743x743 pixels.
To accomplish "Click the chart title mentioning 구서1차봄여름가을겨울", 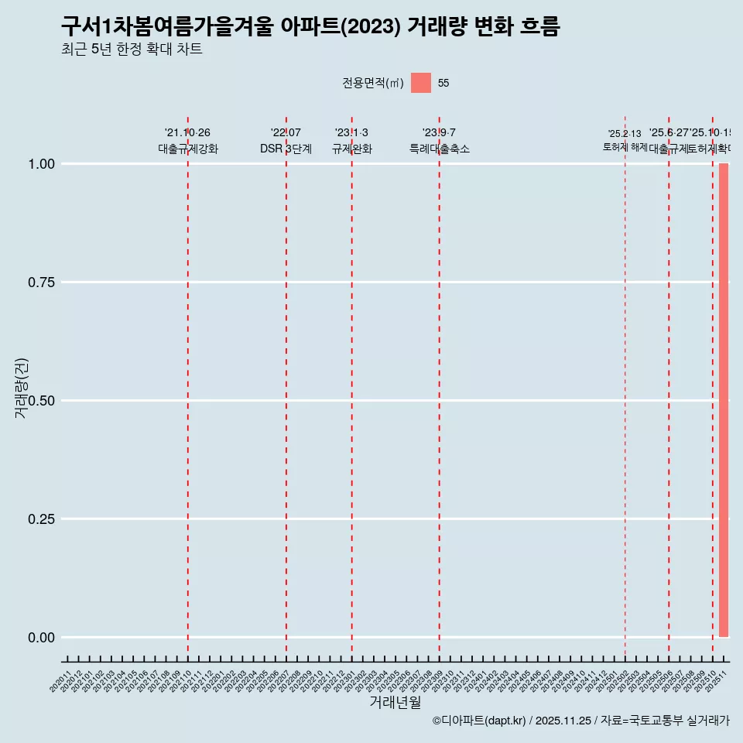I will (310, 26).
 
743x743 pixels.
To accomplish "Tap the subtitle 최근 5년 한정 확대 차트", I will (132, 50).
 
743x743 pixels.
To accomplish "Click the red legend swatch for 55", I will (420, 83).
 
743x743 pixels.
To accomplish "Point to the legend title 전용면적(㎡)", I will (373, 84).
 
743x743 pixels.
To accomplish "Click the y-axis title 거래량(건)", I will (21, 388).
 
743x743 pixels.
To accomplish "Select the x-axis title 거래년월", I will (395, 703).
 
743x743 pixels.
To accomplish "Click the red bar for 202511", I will (724, 400).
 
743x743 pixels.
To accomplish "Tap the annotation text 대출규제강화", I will (188, 149).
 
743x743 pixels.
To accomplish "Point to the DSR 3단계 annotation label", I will (286, 149).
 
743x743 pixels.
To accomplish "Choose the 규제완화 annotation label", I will (352, 149).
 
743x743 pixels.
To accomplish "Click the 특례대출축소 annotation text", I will (440, 149).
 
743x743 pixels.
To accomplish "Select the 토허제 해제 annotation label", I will (625, 147).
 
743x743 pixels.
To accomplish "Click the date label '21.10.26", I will (187, 133).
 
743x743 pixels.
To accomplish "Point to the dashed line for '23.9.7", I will (440, 387).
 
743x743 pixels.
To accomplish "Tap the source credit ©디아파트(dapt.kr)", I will (479, 721).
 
